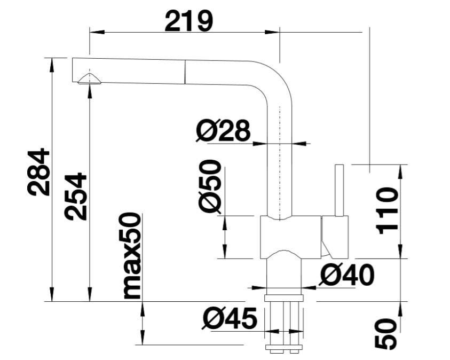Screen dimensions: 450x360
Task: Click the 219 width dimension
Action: point(189,21)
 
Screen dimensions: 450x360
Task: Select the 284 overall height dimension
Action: point(38,172)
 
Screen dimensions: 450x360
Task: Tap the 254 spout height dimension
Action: point(75,197)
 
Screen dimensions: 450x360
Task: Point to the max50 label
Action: point(132,256)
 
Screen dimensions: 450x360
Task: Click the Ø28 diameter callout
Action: point(223,130)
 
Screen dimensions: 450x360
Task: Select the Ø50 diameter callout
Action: point(210,186)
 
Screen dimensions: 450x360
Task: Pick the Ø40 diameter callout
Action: point(347,275)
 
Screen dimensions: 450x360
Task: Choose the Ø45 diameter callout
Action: point(229,318)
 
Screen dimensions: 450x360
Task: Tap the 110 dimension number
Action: point(387,211)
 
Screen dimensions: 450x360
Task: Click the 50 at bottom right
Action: point(386,334)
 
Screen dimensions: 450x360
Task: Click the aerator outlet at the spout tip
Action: point(89,79)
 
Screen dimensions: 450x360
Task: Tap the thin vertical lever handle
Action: point(339,190)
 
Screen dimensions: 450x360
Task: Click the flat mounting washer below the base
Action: point(284,298)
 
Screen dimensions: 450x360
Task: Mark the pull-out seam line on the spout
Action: point(185,72)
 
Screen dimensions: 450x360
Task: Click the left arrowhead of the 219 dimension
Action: point(97,32)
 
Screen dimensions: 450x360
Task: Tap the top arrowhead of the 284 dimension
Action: point(52,65)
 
